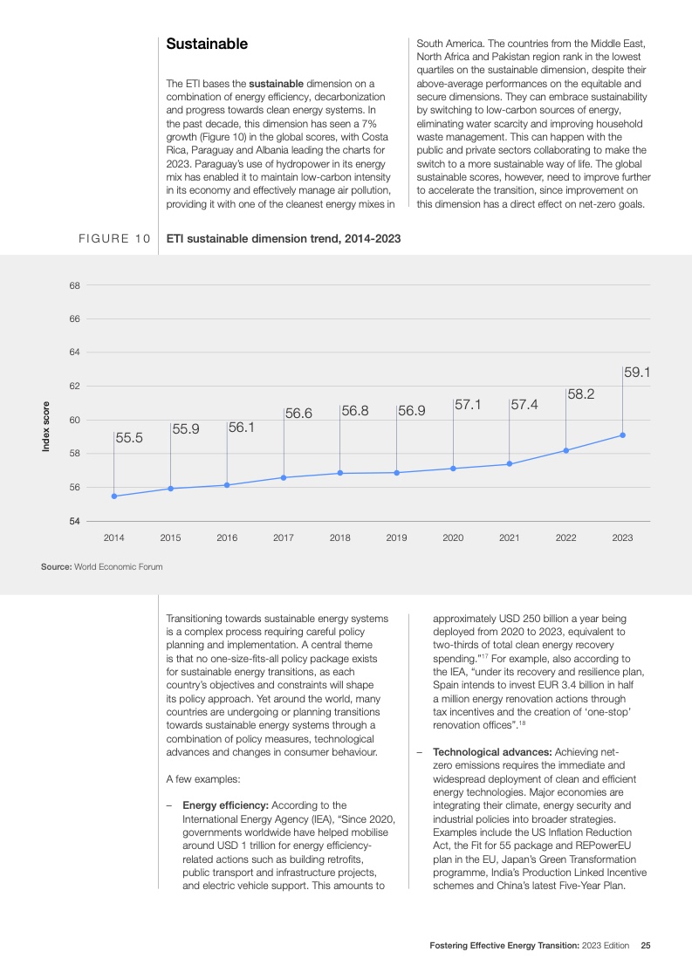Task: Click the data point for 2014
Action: coord(114,496)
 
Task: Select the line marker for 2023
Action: coord(622,435)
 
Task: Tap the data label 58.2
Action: coord(580,394)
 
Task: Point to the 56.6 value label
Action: coord(298,414)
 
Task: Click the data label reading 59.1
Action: coord(637,373)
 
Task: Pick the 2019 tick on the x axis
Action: coord(396,537)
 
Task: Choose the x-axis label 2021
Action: coord(509,537)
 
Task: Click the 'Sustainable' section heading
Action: coord(207,44)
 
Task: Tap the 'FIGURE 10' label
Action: coord(114,237)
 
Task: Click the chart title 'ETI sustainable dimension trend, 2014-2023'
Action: coord(284,237)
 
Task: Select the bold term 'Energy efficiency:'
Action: coord(230,805)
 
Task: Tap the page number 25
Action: coord(646,946)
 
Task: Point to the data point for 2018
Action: coord(339,473)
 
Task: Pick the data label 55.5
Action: coord(129,439)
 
